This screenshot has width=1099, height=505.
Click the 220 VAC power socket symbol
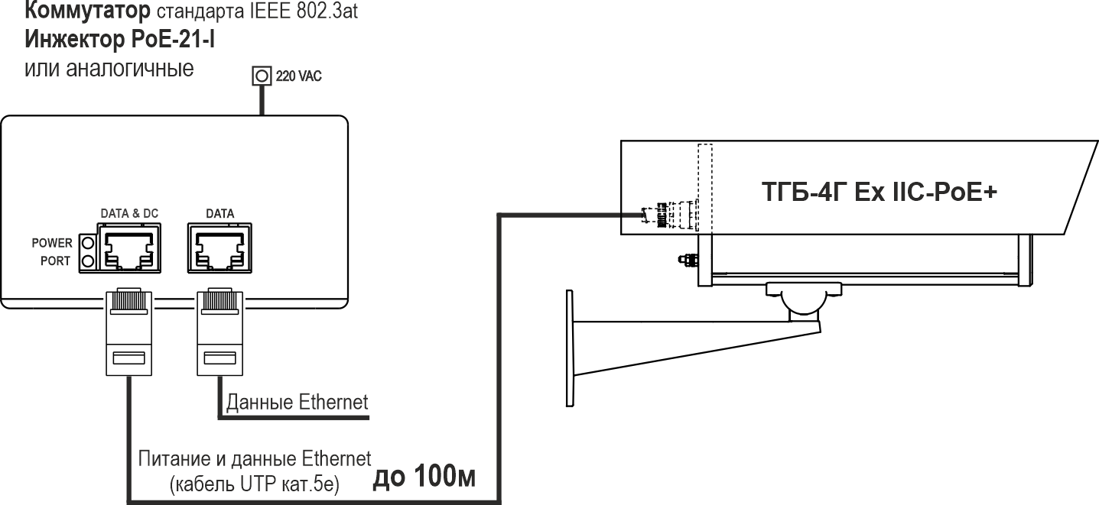[x=262, y=76]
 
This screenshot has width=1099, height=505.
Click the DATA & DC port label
[x=129, y=214]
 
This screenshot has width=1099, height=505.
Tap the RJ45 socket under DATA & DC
[x=128, y=249]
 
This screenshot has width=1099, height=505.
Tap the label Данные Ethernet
[x=297, y=401]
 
